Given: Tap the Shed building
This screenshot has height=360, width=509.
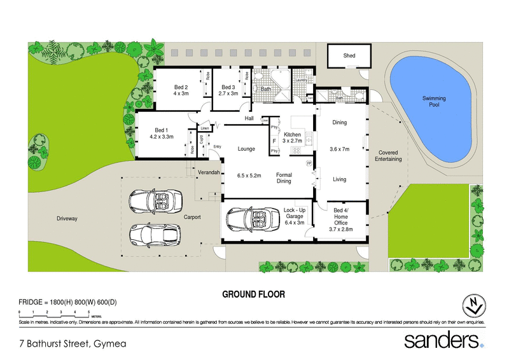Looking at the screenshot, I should tap(349, 55).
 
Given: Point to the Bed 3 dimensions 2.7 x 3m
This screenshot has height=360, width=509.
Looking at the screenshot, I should tap(228, 93).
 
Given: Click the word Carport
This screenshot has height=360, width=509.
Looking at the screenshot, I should tap(192, 218).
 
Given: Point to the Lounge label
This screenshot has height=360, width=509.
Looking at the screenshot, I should tap(246, 149).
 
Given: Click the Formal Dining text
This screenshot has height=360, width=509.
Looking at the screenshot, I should tap(283, 177).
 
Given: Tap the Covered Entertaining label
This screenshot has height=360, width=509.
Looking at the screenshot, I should tap(389, 156).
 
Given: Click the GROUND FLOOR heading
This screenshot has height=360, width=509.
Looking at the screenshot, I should tap(253, 294).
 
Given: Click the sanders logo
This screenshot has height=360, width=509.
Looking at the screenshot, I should tap(443, 340).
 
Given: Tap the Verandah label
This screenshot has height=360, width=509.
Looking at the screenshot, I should tap(209, 173).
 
